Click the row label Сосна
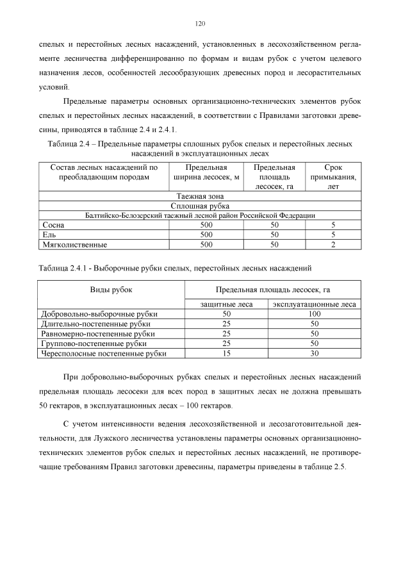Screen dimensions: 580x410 [53, 226]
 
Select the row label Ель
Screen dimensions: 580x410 [49, 235]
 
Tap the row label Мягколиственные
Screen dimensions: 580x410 [74, 245]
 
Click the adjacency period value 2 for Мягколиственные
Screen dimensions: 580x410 [333, 245]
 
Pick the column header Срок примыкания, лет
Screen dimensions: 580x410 [333, 177]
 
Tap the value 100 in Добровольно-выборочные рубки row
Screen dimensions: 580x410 [314, 314]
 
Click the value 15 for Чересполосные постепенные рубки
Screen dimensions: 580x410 [225, 353]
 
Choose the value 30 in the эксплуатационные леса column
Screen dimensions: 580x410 [314, 353]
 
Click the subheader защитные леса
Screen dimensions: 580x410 [225, 304]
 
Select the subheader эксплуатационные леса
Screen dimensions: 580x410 [314, 304]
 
